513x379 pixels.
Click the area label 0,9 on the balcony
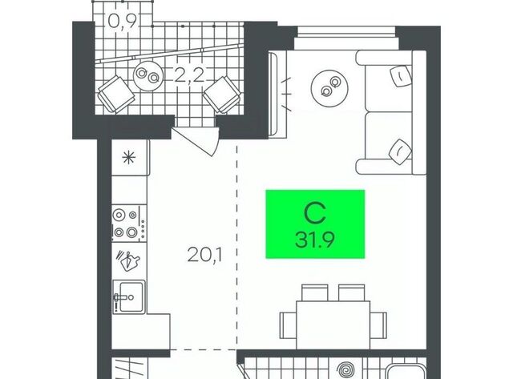point(122,22)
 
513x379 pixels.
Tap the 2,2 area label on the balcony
point(189,75)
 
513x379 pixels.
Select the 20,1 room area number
point(205,255)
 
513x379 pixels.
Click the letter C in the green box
point(315,213)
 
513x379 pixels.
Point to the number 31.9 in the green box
point(315,240)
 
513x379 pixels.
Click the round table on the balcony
point(147,76)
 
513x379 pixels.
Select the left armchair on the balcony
point(116,95)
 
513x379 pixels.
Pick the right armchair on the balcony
point(223,95)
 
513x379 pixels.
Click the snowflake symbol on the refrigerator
point(128,159)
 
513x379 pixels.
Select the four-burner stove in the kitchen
point(129,224)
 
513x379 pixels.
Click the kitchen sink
point(129,297)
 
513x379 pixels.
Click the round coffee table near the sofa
point(329,87)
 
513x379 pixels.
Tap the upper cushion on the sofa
point(401,76)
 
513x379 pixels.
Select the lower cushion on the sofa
point(401,151)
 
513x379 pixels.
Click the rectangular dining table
point(333,325)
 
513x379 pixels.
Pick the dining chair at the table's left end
point(289,325)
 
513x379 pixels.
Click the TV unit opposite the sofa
point(277,94)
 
